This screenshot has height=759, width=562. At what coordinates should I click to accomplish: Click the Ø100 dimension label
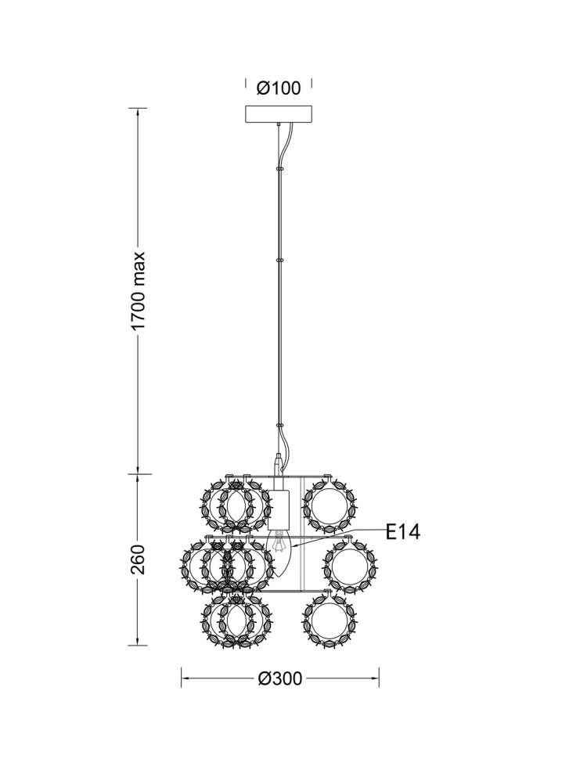[x=279, y=88]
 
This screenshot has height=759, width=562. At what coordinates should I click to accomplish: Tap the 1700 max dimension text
[x=139, y=291]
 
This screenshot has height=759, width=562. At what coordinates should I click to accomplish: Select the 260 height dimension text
[x=139, y=559]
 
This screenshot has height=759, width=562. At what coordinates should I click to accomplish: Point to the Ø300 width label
[x=280, y=678]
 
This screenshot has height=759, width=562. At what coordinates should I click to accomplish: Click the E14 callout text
[x=403, y=532]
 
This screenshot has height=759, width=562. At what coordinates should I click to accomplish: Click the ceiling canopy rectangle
[x=279, y=115]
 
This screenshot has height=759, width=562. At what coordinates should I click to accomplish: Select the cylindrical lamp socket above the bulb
[x=279, y=509]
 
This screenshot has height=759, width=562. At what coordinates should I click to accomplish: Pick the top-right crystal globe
[x=330, y=505]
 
